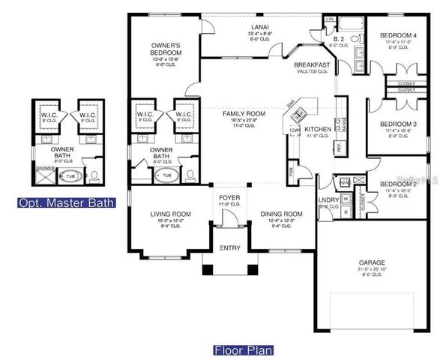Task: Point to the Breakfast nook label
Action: click(313, 65)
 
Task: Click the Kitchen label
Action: click(318, 129)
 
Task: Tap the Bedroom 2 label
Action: click(397, 184)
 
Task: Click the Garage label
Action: click(372, 262)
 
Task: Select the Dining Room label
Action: click(281, 214)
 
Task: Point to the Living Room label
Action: click(167, 214)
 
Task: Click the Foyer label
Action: click(225, 198)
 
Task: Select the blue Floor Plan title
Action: click(243, 349)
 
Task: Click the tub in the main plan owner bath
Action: click(166, 175)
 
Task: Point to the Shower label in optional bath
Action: click(46, 168)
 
